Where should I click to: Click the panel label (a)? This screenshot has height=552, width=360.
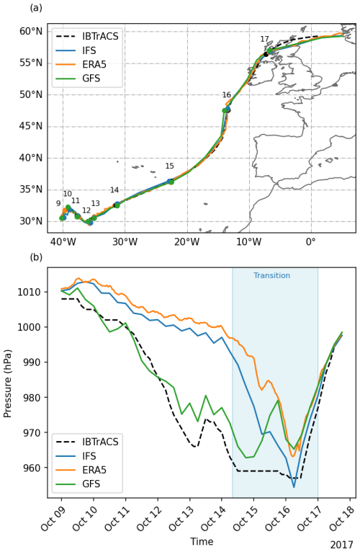(35, 8)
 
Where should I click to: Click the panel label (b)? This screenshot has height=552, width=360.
(35, 257)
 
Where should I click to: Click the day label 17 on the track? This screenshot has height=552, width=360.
(265, 39)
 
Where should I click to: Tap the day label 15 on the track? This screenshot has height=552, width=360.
(170, 166)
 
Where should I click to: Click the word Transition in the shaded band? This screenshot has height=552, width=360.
(271, 276)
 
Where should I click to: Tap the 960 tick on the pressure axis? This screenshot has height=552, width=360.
(34, 468)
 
